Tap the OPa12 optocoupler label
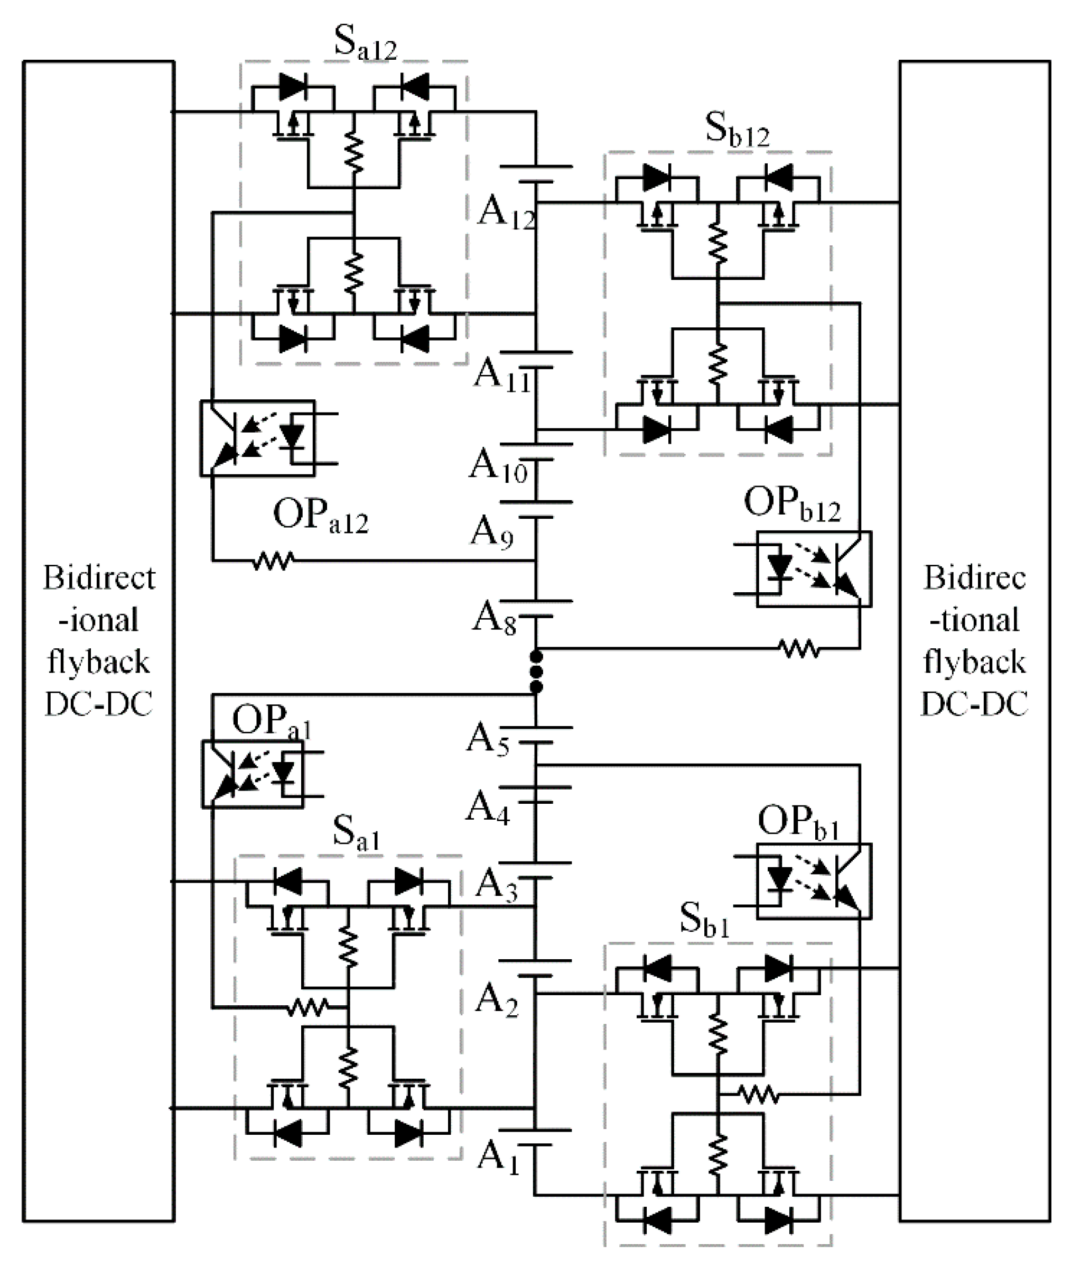(x=320, y=517)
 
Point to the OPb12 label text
(x=792, y=505)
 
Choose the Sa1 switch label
(x=356, y=836)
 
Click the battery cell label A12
(x=505, y=214)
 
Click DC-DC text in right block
(x=974, y=705)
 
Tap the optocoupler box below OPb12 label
(x=813, y=570)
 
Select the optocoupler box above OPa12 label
(x=257, y=438)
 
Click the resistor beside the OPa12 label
(x=273, y=560)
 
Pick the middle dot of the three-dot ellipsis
(x=536, y=672)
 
